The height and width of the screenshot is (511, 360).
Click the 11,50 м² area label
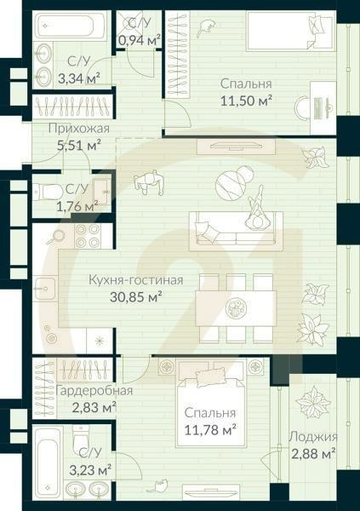point(246,100)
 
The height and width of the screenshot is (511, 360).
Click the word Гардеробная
point(94,391)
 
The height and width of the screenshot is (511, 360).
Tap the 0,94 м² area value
point(140,39)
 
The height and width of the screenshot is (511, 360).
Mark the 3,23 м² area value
point(90,469)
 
